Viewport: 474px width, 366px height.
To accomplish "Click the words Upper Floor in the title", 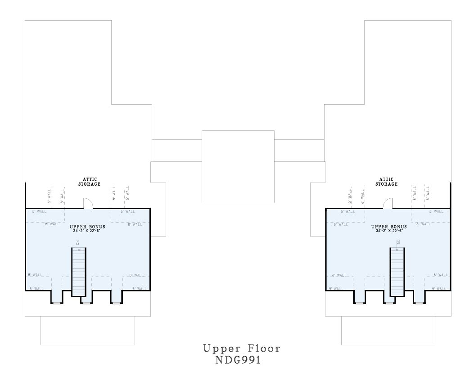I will pos(241,348).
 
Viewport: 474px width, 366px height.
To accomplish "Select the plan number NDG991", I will pos(238,360).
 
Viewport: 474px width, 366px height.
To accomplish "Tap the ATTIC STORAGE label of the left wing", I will pos(89,182).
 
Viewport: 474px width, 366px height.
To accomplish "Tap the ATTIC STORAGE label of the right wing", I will pos(387,182).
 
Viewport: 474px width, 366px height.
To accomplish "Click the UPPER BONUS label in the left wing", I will pos(87,227).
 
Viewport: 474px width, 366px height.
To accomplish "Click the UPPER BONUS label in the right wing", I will pos(389,227).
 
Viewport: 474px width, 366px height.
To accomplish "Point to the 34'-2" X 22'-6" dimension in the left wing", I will pos(87,231).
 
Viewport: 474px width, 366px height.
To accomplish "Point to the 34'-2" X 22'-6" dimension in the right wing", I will pos(389,231).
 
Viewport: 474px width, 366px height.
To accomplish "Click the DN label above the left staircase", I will pos(78,242).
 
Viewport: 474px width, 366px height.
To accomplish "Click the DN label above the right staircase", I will pos(398,242).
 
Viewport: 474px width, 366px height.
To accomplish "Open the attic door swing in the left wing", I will pos(88,204).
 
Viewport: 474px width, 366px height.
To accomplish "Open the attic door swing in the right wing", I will pos(387,204).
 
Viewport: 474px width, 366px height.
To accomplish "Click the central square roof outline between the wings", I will pos(238,167).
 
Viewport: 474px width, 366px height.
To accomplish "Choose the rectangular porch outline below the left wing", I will pos(87,330).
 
